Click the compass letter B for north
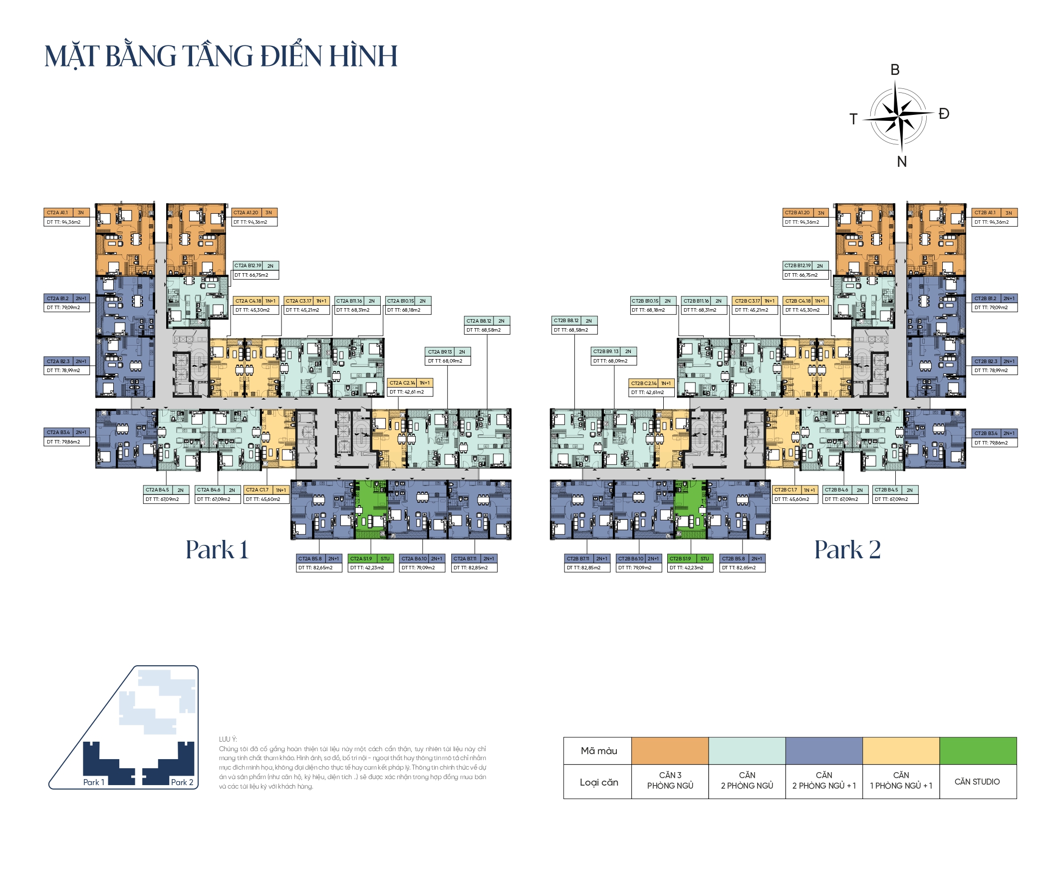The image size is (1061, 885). (x=895, y=70)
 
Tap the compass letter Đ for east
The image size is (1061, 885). (x=944, y=114)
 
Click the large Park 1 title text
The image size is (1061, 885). (x=217, y=550)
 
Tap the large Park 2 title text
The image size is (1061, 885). (x=847, y=550)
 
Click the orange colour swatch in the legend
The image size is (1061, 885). (x=670, y=751)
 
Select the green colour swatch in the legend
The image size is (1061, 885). (x=978, y=751)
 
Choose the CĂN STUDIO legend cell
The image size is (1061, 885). (x=977, y=782)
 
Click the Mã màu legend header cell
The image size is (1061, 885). (x=599, y=751)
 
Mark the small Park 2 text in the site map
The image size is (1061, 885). (x=182, y=782)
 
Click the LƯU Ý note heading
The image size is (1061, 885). (x=228, y=739)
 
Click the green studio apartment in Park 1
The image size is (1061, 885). (x=371, y=510)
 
